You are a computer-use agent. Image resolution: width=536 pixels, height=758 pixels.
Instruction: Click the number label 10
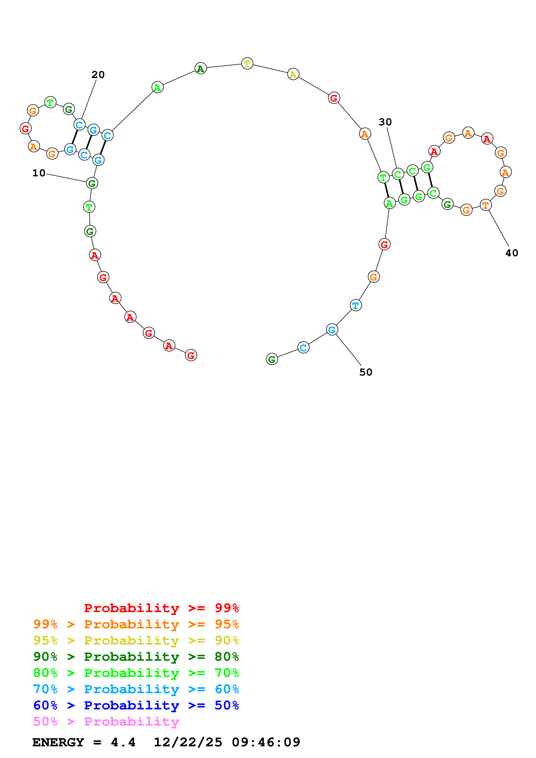(39, 173)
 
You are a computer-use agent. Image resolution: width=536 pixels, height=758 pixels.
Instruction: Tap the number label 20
(98, 75)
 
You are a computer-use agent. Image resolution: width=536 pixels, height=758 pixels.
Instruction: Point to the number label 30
(385, 122)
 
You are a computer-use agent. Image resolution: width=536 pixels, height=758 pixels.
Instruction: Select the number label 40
(512, 253)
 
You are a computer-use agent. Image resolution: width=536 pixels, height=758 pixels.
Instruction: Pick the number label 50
(366, 372)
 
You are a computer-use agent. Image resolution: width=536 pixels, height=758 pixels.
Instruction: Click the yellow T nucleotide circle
(247, 63)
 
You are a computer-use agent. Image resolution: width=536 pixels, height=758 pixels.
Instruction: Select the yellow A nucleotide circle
(293, 74)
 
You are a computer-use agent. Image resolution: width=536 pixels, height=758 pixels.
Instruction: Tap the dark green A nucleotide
(200, 69)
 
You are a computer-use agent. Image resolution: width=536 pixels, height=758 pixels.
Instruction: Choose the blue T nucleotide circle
(356, 305)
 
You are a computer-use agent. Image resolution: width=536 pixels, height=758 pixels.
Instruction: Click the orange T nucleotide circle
(485, 205)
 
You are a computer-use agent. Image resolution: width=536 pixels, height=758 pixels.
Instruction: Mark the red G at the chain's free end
(191, 355)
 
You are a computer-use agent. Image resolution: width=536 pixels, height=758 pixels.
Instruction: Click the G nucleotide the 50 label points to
(332, 330)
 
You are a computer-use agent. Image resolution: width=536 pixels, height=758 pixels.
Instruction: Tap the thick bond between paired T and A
(386, 190)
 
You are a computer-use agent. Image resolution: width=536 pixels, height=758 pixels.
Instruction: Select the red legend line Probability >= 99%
(161, 608)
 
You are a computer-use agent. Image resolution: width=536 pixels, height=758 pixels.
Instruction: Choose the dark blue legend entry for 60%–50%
(136, 705)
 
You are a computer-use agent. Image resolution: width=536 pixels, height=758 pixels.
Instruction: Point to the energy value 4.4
(123, 742)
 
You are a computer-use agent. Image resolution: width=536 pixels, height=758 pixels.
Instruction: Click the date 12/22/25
(188, 742)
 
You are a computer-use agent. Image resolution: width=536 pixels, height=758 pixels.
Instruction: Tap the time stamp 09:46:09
(266, 742)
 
